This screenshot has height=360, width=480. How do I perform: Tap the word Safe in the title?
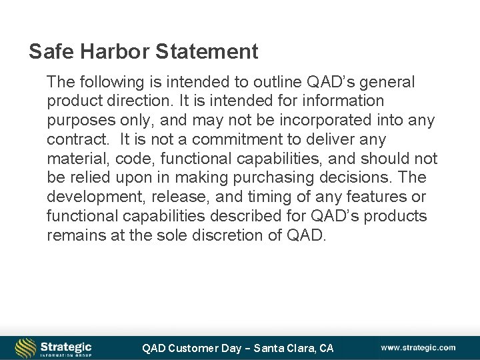(x=47, y=51)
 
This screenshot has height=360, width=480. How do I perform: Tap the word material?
(x=72, y=159)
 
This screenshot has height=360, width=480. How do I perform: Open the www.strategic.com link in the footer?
(x=418, y=347)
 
